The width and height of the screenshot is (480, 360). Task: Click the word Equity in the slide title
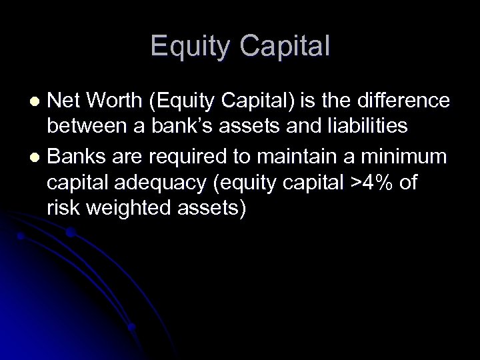191,46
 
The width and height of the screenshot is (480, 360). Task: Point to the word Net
64,100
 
